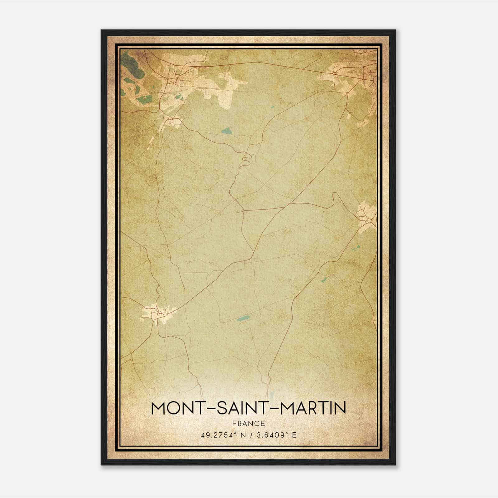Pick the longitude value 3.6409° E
(x=276, y=435)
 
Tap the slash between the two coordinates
(x=250, y=435)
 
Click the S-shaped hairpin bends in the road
(x=247, y=159)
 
